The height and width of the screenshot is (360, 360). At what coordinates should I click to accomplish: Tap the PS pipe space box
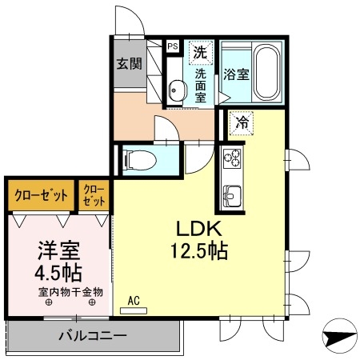pos(172,46)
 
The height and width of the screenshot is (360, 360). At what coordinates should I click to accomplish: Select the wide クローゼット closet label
pos(40,194)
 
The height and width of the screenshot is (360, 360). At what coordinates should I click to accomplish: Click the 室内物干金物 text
pos(70,292)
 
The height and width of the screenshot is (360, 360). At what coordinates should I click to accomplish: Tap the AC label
pos(135,301)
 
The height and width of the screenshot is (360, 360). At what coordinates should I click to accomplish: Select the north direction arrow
pos(340,337)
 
